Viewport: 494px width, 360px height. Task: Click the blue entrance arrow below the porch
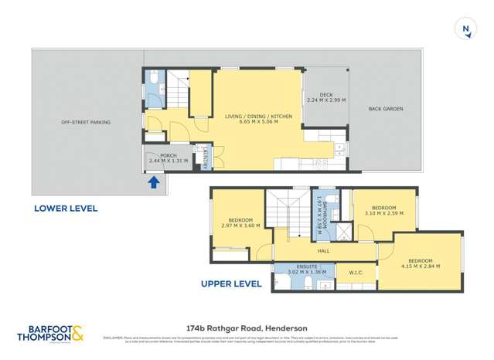[153, 182]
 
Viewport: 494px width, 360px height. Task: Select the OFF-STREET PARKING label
[86, 122]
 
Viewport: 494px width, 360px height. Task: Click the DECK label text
[325, 94]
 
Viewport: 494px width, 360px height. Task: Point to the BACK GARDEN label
[385, 109]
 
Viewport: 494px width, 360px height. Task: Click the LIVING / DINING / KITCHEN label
[258, 116]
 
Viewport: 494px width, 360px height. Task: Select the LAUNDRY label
[204, 158]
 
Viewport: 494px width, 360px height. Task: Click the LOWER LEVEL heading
[65, 209]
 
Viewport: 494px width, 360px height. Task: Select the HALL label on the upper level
[324, 250]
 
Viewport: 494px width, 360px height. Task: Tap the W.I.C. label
[356, 272]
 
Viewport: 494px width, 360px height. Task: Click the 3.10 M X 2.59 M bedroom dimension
[383, 213]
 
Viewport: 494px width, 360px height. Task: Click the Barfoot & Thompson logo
[53, 334]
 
